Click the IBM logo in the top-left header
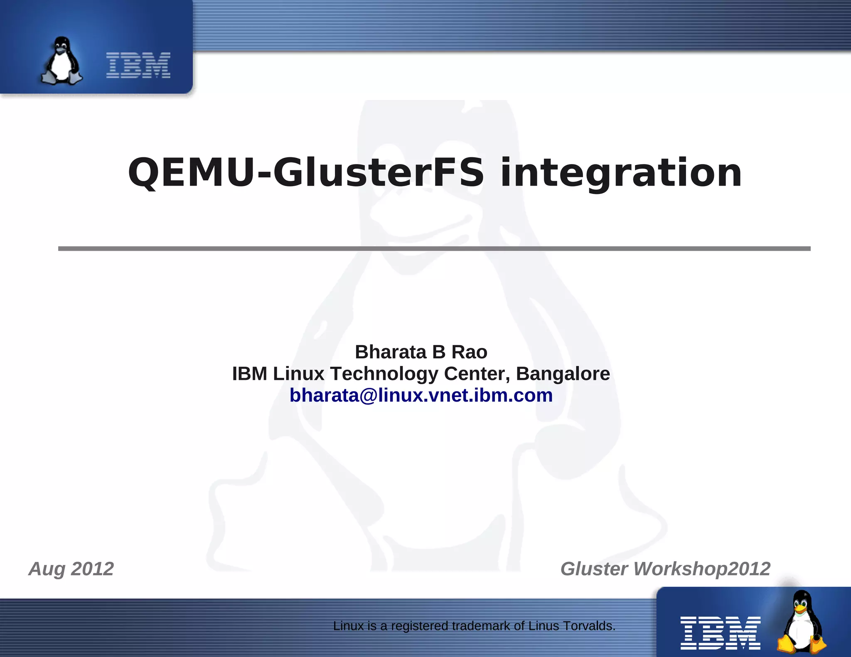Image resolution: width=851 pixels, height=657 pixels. [138, 65]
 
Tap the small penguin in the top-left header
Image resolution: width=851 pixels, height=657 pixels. [61, 61]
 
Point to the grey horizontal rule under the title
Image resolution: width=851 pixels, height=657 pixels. [434, 248]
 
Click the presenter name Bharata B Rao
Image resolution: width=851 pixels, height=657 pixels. [421, 352]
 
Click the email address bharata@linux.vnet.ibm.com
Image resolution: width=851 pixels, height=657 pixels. [421, 395]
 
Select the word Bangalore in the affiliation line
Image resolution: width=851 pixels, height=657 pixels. [563, 374]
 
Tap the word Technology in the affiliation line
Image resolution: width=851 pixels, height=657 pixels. [384, 374]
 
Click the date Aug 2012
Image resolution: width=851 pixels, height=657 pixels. [71, 569]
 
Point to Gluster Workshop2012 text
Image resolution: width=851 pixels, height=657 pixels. [665, 569]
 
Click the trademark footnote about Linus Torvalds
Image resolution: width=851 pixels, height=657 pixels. [474, 625]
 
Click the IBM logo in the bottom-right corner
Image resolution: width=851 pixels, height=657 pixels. [720, 632]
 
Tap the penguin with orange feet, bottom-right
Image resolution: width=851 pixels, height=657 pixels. [802, 621]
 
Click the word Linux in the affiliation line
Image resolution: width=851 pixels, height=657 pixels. [298, 374]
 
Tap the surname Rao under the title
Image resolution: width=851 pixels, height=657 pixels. [469, 352]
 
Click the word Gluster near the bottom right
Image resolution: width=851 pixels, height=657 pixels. [594, 569]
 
